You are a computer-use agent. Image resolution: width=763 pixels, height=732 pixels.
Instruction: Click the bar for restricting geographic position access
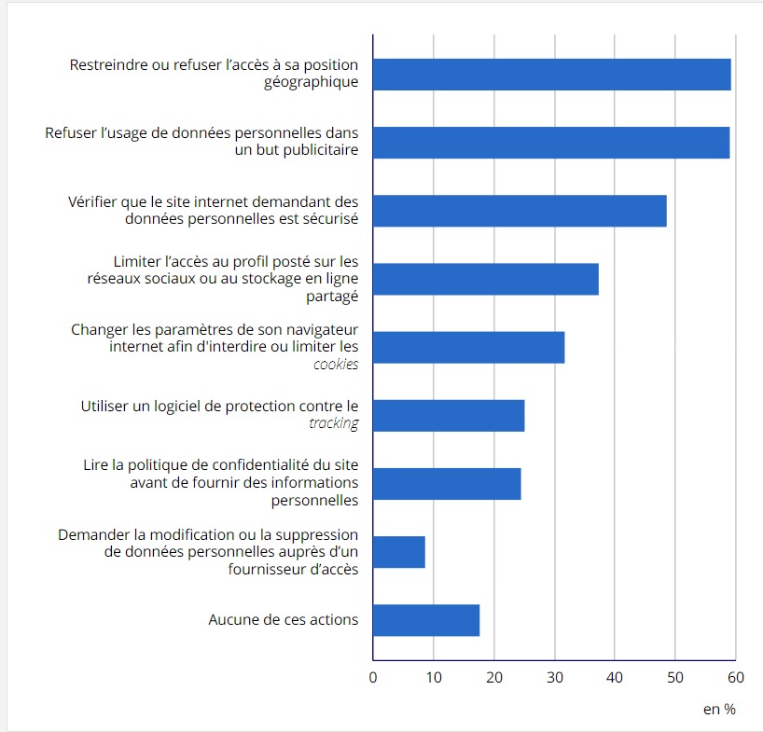tap(551, 75)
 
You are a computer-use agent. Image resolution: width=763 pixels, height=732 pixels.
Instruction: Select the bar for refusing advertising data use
tap(551, 143)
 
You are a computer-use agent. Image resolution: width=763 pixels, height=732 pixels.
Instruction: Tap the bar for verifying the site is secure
tap(520, 211)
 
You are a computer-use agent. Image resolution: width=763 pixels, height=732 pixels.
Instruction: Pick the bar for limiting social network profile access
tap(485, 279)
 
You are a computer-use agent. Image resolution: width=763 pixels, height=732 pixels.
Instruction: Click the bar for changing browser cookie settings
tap(468, 347)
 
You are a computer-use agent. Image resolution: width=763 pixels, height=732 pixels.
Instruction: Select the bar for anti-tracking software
tap(449, 415)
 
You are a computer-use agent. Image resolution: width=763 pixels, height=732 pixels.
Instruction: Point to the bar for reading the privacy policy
tap(447, 484)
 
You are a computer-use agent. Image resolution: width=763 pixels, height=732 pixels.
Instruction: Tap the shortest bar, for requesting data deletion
tap(399, 552)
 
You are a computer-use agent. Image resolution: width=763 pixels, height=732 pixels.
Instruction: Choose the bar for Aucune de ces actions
tap(426, 620)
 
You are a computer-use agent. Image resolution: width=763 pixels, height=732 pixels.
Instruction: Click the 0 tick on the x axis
tap(373, 678)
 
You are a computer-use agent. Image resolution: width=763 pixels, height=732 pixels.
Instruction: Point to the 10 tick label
tap(434, 678)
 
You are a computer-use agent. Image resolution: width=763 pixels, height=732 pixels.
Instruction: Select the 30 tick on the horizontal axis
tap(555, 678)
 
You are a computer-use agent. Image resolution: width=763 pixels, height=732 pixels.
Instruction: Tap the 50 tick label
tap(675, 678)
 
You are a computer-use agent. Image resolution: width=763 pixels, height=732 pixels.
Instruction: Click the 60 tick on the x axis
tap(736, 678)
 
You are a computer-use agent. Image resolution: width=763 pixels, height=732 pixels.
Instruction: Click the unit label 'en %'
tap(719, 710)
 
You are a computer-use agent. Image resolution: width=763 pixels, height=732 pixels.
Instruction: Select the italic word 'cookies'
tap(336, 364)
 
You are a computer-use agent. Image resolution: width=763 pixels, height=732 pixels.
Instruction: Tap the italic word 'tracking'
tap(333, 423)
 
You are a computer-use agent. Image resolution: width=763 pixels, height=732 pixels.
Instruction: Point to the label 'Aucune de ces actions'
tap(283, 619)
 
